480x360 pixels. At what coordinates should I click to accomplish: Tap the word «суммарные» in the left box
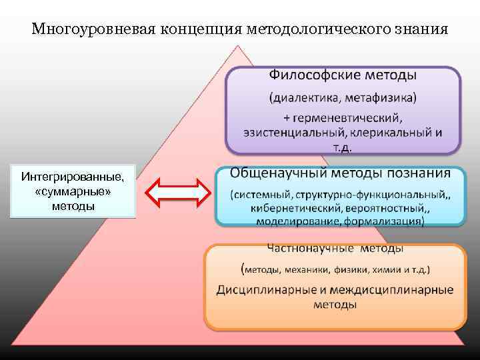pyautogui.click(x=73, y=191)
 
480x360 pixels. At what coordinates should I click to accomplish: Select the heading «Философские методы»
pyautogui.click(x=343, y=75)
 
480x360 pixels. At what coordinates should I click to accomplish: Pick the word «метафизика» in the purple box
pyautogui.click(x=378, y=98)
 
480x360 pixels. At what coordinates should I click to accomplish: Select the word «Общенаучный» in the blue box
pyautogui.click(x=275, y=173)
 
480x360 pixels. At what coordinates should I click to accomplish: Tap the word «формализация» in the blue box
pyautogui.click(x=385, y=221)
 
